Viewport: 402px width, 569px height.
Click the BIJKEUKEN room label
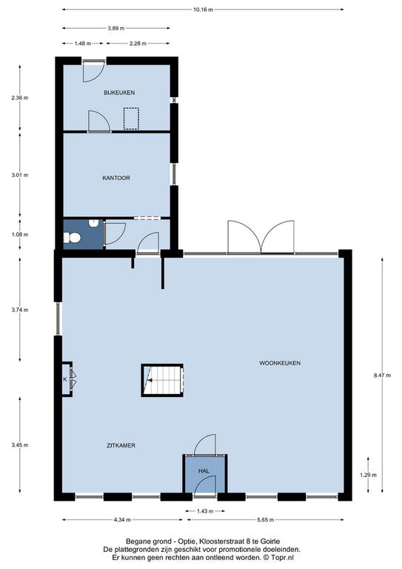(119, 93)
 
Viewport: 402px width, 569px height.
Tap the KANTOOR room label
(116, 178)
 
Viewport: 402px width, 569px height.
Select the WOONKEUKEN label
(280, 363)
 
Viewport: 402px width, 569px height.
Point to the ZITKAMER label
(121, 445)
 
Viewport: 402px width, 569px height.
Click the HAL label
(204, 471)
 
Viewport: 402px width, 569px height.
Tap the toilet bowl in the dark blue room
(72, 238)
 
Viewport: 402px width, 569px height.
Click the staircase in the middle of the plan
(162, 380)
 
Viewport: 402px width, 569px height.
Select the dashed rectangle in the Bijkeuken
(131, 119)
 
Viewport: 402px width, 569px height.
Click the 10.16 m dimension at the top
(203, 10)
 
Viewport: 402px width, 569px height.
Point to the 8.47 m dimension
(383, 376)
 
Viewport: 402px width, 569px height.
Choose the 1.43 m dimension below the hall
(205, 511)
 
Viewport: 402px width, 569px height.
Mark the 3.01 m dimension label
(19, 175)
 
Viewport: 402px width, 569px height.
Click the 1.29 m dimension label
(368, 475)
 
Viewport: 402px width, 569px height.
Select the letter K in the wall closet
(65, 379)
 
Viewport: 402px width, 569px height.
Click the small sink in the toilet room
(93, 222)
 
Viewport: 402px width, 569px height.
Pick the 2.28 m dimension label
(138, 44)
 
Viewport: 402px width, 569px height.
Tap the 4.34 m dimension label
(122, 520)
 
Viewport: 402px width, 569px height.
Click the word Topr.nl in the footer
(284, 557)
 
